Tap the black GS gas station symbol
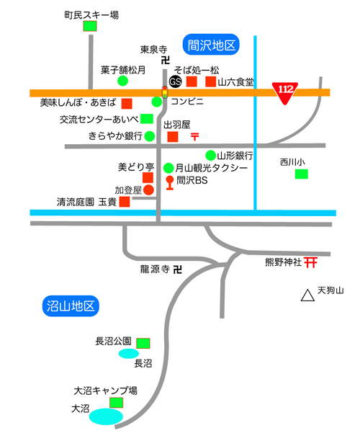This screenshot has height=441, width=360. (x=176, y=81)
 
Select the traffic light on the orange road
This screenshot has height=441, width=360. (x=165, y=92)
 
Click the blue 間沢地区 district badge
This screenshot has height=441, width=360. (x=211, y=45)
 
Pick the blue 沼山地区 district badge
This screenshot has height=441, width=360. (x=71, y=306)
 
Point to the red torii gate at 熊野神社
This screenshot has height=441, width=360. (x=310, y=262)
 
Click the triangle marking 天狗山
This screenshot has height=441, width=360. (x=307, y=295)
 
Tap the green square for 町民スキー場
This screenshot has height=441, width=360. (x=90, y=26)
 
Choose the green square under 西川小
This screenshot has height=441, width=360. (x=302, y=174)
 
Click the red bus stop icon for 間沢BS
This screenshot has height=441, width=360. (x=170, y=183)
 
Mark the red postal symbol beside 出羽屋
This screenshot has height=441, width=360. (x=194, y=136)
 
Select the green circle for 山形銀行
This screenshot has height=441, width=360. (x=211, y=155)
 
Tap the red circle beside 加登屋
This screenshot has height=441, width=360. (x=148, y=190)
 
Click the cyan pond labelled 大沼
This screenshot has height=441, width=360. (x=106, y=416)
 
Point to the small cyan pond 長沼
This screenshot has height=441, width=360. (x=129, y=353)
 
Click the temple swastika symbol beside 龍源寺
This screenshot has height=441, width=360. (x=178, y=269)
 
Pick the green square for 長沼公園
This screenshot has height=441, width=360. (x=143, y=343)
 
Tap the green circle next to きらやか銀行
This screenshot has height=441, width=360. (x=150, y=136)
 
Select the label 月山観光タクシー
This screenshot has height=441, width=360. (x=212, y=168)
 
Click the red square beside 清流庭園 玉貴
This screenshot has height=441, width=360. (x=125, y=202)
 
